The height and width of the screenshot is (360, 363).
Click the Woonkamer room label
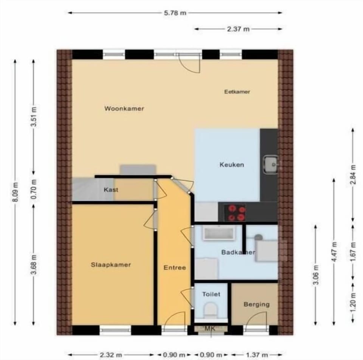124,109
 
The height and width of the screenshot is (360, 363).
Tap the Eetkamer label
237,92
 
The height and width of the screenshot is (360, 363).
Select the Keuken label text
232,164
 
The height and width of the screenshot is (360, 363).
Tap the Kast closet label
111,190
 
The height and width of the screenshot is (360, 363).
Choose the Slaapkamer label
111,265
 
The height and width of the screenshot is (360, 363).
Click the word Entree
175,268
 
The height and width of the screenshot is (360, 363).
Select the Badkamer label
239,252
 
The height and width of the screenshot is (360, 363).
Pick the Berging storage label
257,304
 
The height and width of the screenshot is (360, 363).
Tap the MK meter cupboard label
210,328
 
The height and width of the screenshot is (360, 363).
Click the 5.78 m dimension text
175,13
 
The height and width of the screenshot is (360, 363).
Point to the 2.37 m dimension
238,29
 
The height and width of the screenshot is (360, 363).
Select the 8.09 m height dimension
15,192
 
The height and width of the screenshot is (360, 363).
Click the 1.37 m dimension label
257,355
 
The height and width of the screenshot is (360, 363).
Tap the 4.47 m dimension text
334,251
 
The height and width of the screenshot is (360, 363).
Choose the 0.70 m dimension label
34,189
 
